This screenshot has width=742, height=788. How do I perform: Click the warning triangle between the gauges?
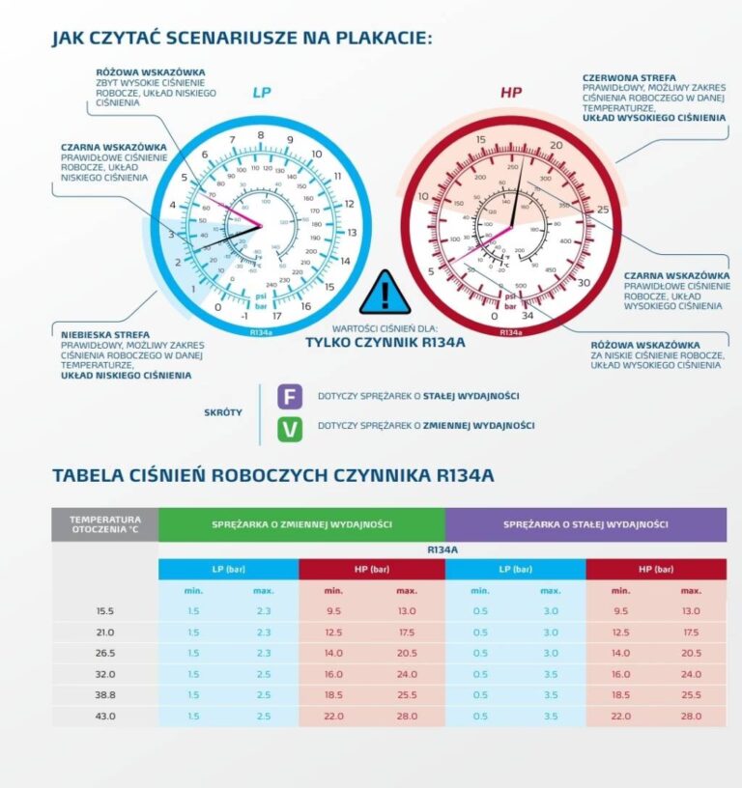point(385,294)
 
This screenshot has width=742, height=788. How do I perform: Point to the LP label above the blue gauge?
point(263,93)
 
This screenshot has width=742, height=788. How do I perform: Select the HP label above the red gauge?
point(510,93)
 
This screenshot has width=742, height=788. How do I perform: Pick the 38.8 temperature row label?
point(105,693)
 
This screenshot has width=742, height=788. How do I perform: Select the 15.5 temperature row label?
point(105,611)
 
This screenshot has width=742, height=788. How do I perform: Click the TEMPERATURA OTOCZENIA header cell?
point(105,523)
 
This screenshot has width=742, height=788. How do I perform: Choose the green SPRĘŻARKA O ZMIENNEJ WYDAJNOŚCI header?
point(301,524)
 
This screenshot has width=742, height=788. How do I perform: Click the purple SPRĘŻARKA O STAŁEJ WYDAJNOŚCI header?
point(585,524)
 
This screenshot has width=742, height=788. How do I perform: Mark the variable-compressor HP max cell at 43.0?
point(406,715)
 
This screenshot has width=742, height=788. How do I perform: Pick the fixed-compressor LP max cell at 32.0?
point(550,673)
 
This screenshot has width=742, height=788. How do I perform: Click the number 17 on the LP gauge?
point(277,316)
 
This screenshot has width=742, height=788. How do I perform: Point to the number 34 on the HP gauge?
point(527,316)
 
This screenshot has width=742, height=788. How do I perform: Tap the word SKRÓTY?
point(223,411)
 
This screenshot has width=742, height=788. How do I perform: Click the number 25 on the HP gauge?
point(603,211)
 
